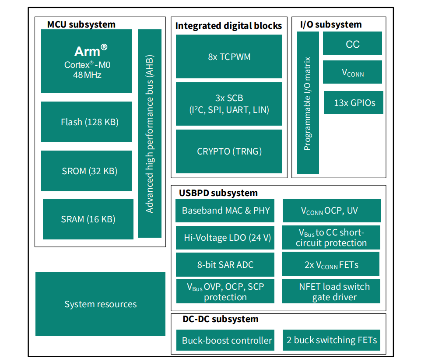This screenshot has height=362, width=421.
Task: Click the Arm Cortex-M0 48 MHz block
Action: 86,61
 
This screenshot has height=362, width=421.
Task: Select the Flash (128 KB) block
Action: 86,122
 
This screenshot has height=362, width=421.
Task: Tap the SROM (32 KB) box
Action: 86,171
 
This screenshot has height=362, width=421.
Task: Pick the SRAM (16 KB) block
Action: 88,219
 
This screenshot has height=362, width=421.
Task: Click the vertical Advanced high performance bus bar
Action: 149,134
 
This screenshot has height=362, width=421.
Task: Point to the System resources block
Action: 100,304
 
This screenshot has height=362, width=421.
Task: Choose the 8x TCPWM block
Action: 229,56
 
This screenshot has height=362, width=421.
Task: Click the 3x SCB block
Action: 229,104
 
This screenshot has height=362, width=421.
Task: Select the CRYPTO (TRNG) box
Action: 229,151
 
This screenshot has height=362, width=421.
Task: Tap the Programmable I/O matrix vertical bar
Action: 308,103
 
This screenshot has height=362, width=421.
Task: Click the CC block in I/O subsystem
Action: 352,43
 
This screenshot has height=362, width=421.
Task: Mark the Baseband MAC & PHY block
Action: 225,211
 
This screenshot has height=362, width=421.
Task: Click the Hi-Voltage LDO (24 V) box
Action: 225,238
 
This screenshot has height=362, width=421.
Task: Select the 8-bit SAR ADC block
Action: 225,264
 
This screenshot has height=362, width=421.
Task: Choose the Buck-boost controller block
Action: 225,340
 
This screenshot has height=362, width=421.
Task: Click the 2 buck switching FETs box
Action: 331,340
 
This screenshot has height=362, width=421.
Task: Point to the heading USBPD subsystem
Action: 218,193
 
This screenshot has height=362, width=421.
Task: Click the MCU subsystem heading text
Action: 81,25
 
